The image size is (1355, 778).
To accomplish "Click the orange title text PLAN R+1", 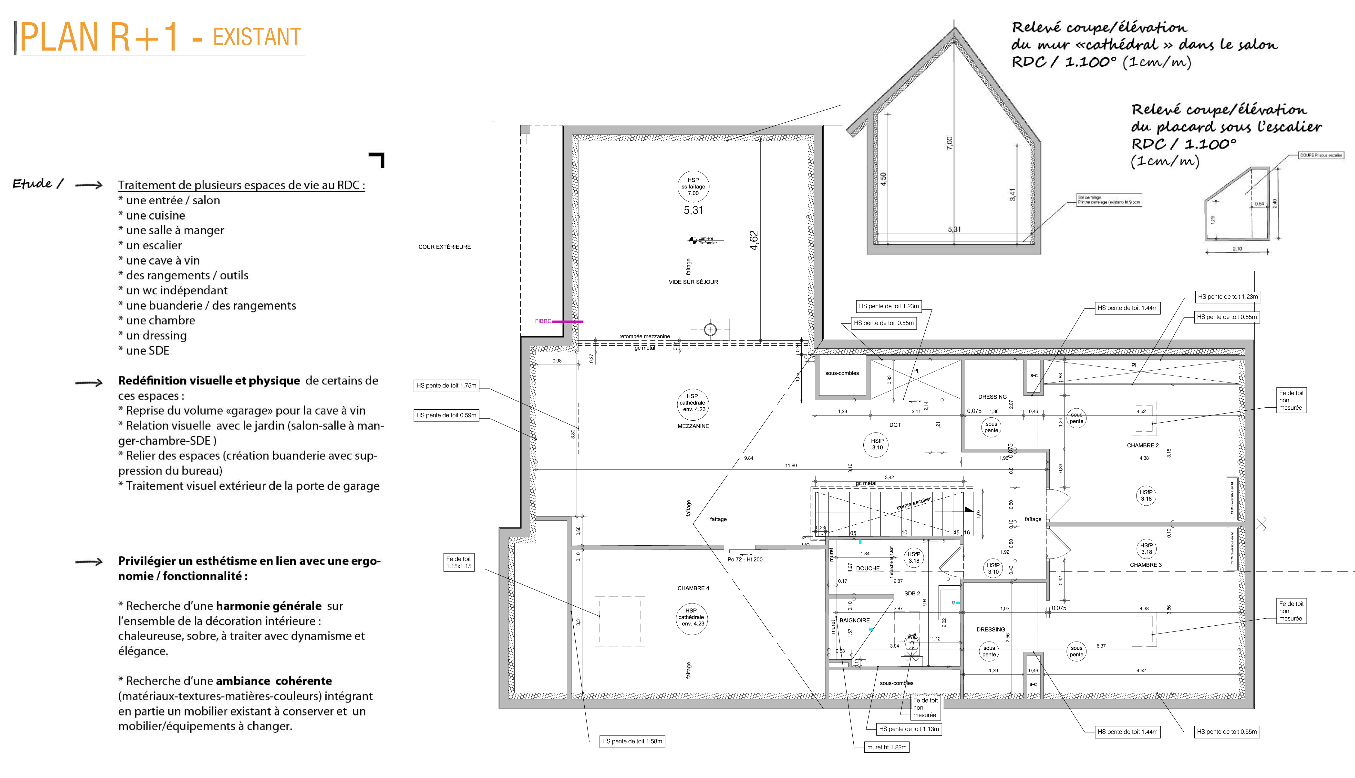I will click(x=99, y=37).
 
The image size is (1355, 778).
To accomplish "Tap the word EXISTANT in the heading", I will click(x=257, y=37).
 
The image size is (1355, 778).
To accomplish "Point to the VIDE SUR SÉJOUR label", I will click(x=693, y=282).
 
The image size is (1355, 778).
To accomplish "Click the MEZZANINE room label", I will click(x=693, y=426).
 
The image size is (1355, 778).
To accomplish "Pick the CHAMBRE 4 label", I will click(x=693, y=588).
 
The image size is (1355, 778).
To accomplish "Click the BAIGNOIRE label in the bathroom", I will click(x=854, y=620).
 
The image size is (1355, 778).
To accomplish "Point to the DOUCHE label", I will click(x=868, y=569).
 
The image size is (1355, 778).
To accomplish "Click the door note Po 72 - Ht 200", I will click(x=745, y=560).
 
